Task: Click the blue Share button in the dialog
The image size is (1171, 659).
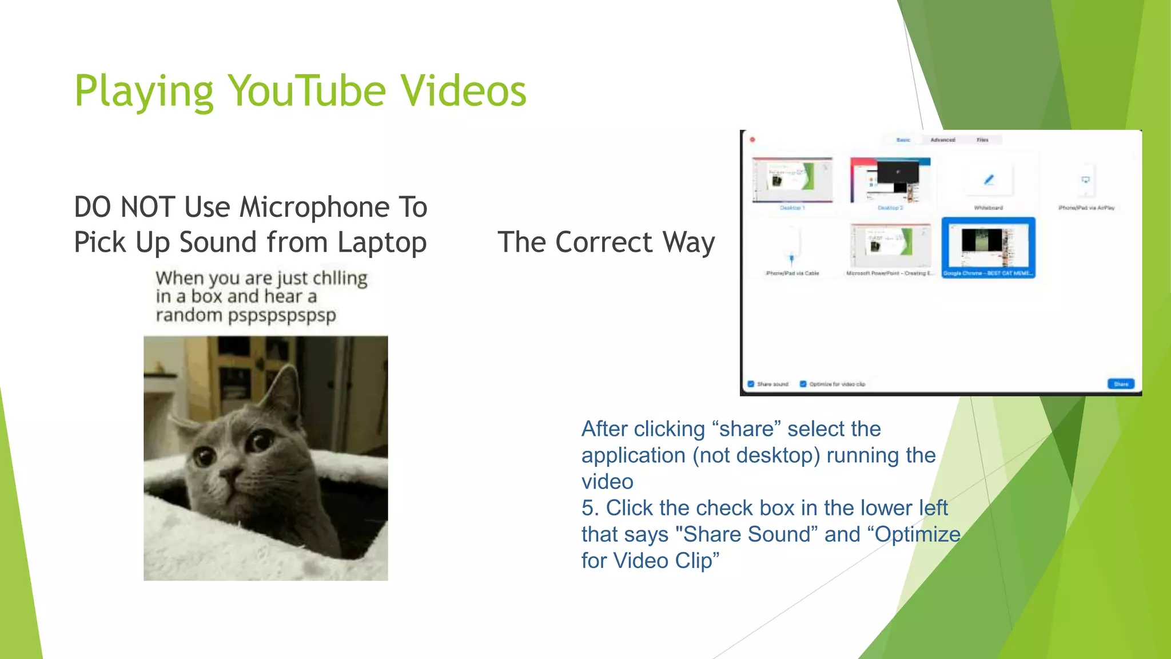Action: [x=1121, y=384]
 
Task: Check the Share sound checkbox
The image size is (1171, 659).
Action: [x=751, y=384]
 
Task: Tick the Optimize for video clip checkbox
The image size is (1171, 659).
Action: [x=803, y=384]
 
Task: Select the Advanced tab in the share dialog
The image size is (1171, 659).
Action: [x=943, y=140]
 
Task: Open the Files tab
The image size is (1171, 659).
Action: [x=982, y=140]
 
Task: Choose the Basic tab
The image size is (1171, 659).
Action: [x=903, y=140]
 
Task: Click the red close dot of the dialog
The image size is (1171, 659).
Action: [x=753, y=140]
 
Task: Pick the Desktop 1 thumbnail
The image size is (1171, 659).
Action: [x=792, y=180]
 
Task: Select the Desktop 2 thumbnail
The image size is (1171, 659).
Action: [x=890, y=180]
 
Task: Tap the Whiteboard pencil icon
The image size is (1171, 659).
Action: [x=989, y=180]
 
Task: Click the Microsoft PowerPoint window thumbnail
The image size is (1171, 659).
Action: [x=890, y=245]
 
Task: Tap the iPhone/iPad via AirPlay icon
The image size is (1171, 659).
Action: [x=1086, y=180]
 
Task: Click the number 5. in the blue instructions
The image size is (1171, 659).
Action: [x=590, y=508]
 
